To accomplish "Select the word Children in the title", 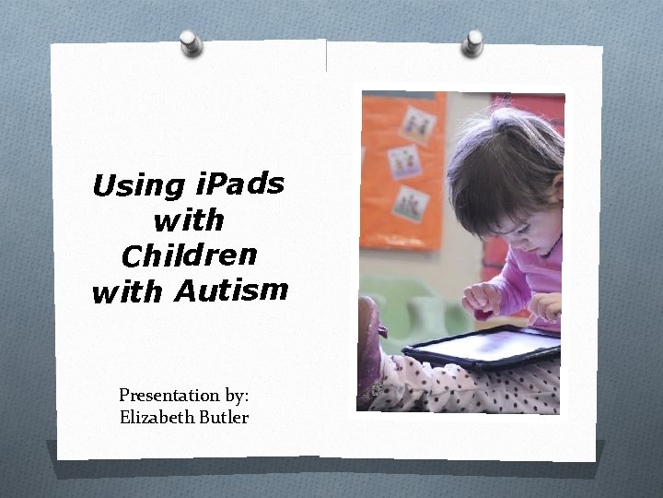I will click(190, 253).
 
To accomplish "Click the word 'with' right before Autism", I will click(127, 293).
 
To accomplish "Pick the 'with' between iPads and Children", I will click(190, 219).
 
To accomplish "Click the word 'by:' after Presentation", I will click(236, 396).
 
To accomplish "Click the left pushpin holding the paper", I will click(191, 42).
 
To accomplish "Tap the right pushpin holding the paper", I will click(473, 41).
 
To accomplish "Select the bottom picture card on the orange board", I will click(410, 203).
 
